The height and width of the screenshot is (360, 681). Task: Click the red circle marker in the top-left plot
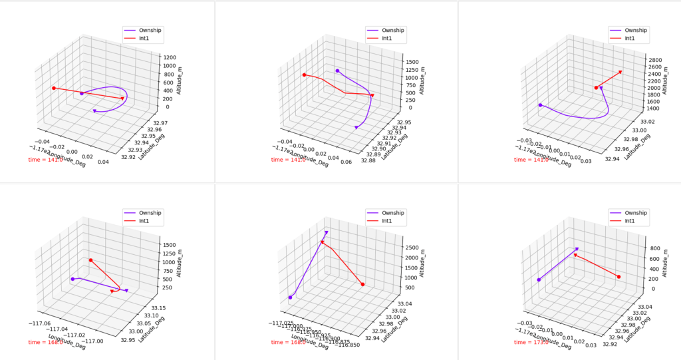[x=53, y=88]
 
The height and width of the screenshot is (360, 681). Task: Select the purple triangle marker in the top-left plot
[x=94, y=111]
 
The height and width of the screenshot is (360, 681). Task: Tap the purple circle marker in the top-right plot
[x=541, y=105]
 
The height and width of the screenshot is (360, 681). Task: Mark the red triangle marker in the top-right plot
[x=620, y=72]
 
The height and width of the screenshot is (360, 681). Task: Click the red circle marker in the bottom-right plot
[x=618, y=277]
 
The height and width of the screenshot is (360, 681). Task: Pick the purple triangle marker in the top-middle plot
[x=356, y=127]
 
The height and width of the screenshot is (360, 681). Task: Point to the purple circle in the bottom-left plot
[x=72, y=279]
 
